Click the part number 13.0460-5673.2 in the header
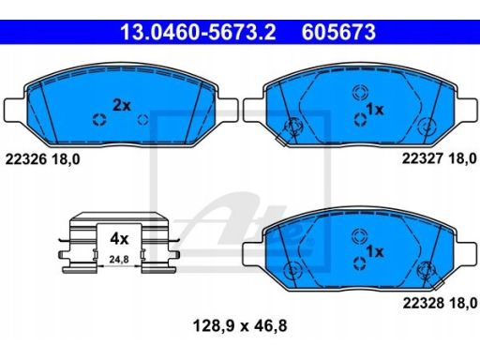click(198, 32)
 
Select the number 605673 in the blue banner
click(338, 32)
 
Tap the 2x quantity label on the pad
click(122, 106)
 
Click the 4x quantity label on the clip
click(119, 239)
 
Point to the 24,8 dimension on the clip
click(119, 260)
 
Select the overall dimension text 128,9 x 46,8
click(240, 326)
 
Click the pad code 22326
click(26, 159)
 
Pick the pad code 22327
click(423, 158)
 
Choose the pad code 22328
click(424, 303)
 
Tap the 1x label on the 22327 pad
click(375, 110)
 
